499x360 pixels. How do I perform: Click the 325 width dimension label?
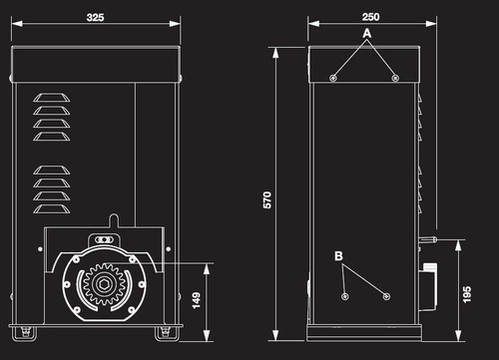(x=95, y=17)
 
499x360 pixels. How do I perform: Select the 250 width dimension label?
(x=370, y=17)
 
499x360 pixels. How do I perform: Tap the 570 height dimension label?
(x=267, y=199)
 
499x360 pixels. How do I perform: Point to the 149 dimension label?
(x=197, y=300)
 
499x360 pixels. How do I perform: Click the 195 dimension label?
(x=467, y=294)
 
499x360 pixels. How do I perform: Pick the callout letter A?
(x=366, y=33)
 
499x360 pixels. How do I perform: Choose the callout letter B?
(x=338, y=256)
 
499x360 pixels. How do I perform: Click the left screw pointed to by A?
(x=333, y=78)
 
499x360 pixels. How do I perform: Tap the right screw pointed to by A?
(x=395, y=78)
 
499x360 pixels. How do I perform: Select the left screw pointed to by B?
(x=345, y=296)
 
